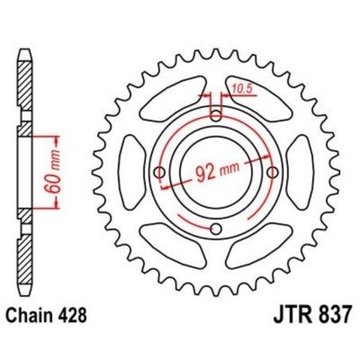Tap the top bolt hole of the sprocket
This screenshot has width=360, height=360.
pyautogui.click(x=216, y=116)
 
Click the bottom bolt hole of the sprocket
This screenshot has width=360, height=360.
pyautogui.click(x=216, y=231)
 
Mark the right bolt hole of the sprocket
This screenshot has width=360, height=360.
pyautogui.click(x=273, y=174)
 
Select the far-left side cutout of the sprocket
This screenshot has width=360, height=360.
pyautogui.click(x=132, y=174)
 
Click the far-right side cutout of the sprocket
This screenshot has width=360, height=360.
pyautogui.click(x=300, y=174)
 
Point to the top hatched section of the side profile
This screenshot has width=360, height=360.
pyautogui.click(x=25, y=88)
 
